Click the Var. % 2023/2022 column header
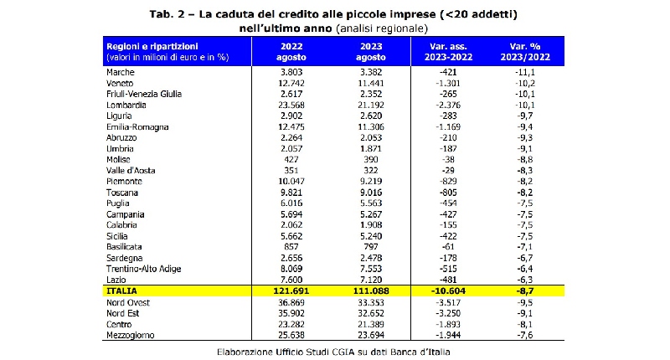click(x=521, y=51)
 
